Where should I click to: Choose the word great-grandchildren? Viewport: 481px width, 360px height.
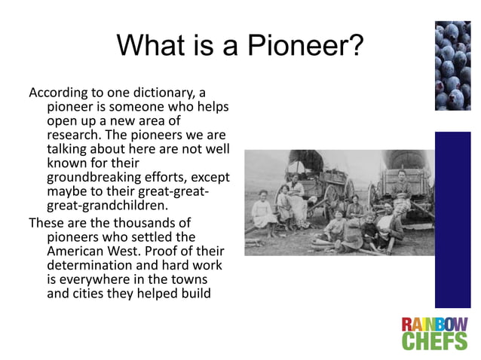pos(106,205)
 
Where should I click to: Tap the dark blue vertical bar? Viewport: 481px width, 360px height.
pos(452,219)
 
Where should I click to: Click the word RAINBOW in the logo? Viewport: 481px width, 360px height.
pos(434,325)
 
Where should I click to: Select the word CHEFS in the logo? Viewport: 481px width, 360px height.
pos(434,343)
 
